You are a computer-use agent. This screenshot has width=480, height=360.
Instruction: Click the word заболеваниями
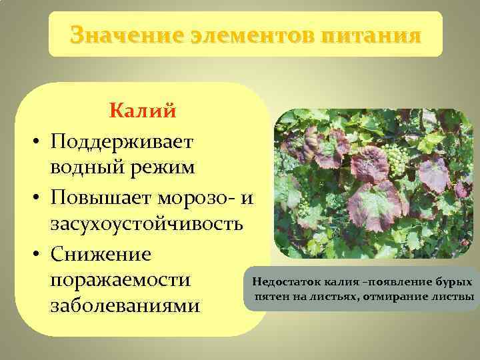125,308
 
